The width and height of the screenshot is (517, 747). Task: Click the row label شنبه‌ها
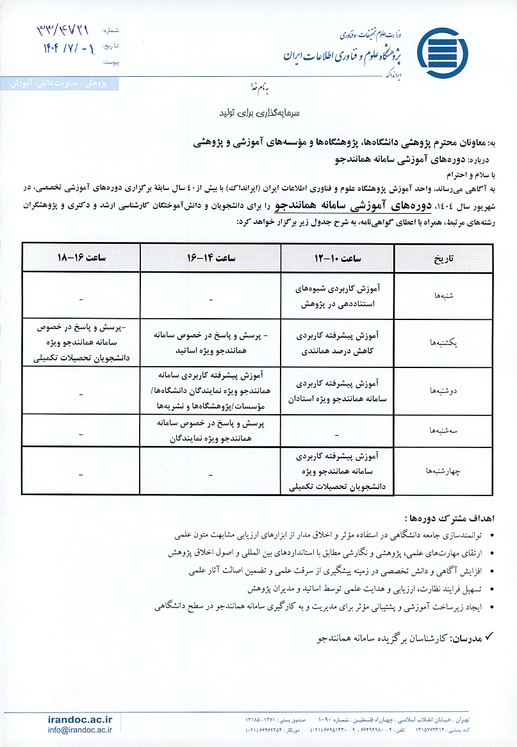444,296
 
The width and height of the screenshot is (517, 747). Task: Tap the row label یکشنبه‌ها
444,342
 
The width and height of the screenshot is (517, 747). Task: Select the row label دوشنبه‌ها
444,389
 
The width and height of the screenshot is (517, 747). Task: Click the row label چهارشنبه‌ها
444,470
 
